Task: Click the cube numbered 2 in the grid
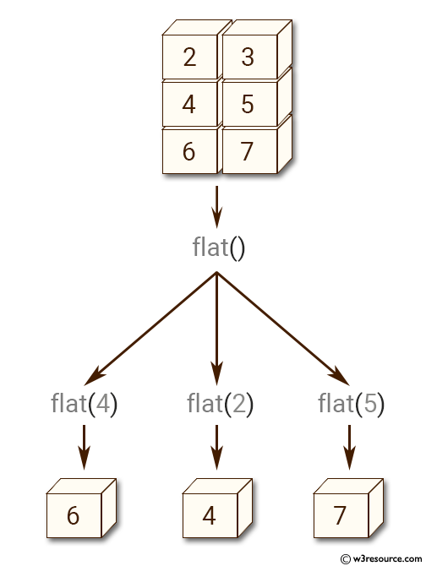pyautogui.click(x=189, y=57)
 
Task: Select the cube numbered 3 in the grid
pyautogui.click(x=248, y=57)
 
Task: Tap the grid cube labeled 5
pyautogui.click(x=248, y=105)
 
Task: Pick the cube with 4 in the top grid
pyautogui.click(x=189, y=105)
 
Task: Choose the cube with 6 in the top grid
pyautogui.click(x=189, y=152)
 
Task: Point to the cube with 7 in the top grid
pyautogui.click(x=248, y=152)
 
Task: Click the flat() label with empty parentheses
pyautogui.click(x=218, y=248)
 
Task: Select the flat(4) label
pyautogui.click(x=84, y=404)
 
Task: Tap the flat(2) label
pyautogui.click(x=217, y=404)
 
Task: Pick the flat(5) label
pyautogui.click(x=351, y=404)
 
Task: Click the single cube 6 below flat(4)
pyautogui.click(x=74, y=514)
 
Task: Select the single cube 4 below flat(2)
pyautogui.click(x=210, y=514)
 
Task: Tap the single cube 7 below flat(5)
pyautogui.click(x=340, y=514)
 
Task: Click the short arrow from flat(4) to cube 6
pyautogui.click(x=84, y=446)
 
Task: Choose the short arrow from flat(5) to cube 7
pyautogui.click(x=351, y=446)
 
